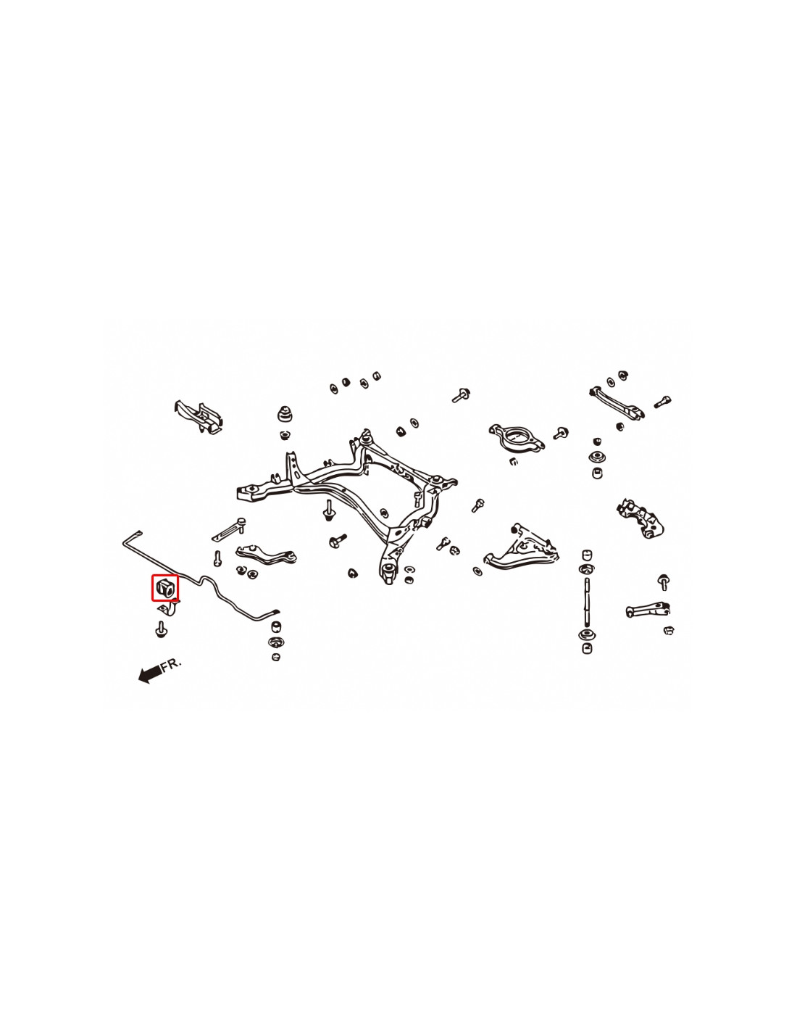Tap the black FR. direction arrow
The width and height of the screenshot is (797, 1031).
[149, 674]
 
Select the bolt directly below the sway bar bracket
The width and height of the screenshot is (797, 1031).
[161, 629]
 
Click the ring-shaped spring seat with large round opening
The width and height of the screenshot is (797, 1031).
[517, 436]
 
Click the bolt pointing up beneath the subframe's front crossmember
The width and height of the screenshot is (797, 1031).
[328, 510]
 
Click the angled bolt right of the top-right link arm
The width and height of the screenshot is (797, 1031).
[662, 402]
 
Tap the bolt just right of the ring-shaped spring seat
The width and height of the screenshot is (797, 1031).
[561, 433]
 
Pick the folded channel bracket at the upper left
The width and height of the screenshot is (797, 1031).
[199, 416]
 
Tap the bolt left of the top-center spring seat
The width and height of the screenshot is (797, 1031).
[460, 395]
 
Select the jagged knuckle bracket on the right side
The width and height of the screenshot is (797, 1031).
[640, 518]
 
